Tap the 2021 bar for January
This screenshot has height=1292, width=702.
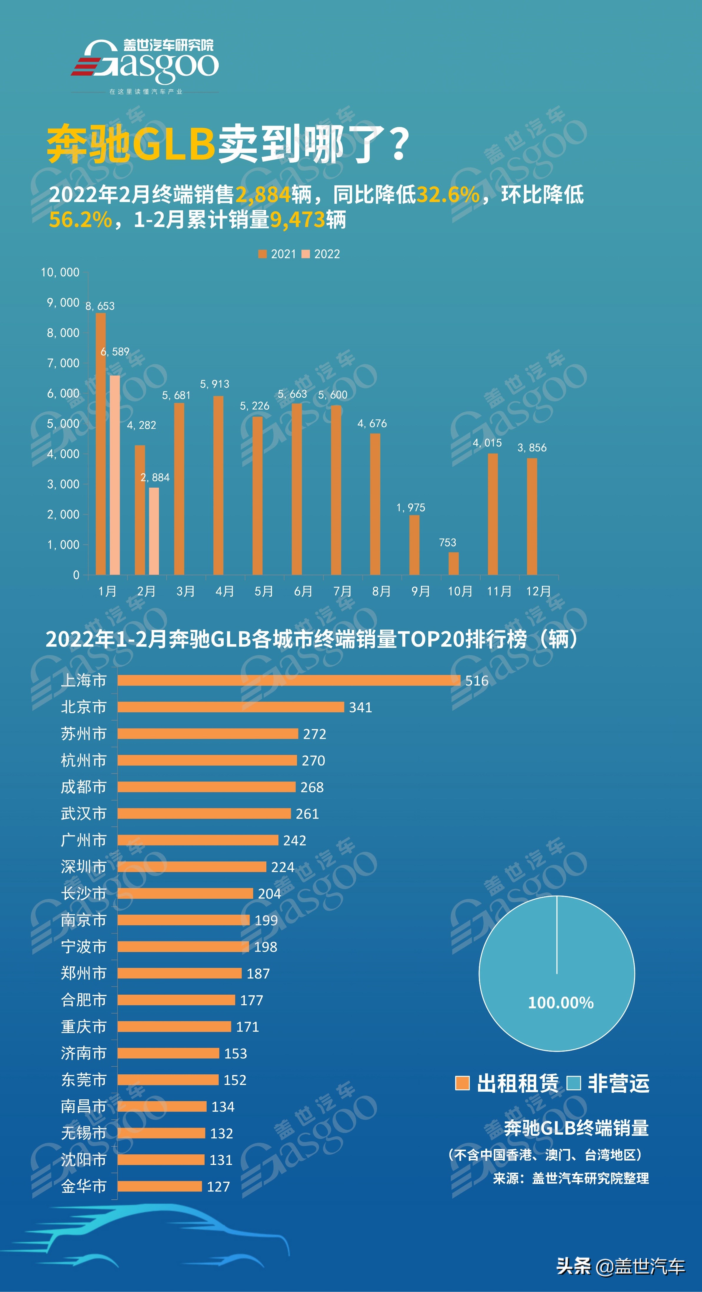[101, 444]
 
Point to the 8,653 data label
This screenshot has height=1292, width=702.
[100, 306]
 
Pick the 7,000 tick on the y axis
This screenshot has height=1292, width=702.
[63, 363]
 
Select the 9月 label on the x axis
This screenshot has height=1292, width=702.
[421, 591]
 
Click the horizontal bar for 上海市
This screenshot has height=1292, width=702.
[288, 680]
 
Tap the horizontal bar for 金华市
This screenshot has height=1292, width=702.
[160, 1186]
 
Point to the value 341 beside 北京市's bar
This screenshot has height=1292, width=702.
[360, 707]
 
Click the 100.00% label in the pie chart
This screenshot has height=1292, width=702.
[560, 1003]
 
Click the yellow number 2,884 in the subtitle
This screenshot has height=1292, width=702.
[263, 195]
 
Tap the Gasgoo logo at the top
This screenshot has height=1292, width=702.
[145, 63]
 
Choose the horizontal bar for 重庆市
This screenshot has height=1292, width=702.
[174, 1027]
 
